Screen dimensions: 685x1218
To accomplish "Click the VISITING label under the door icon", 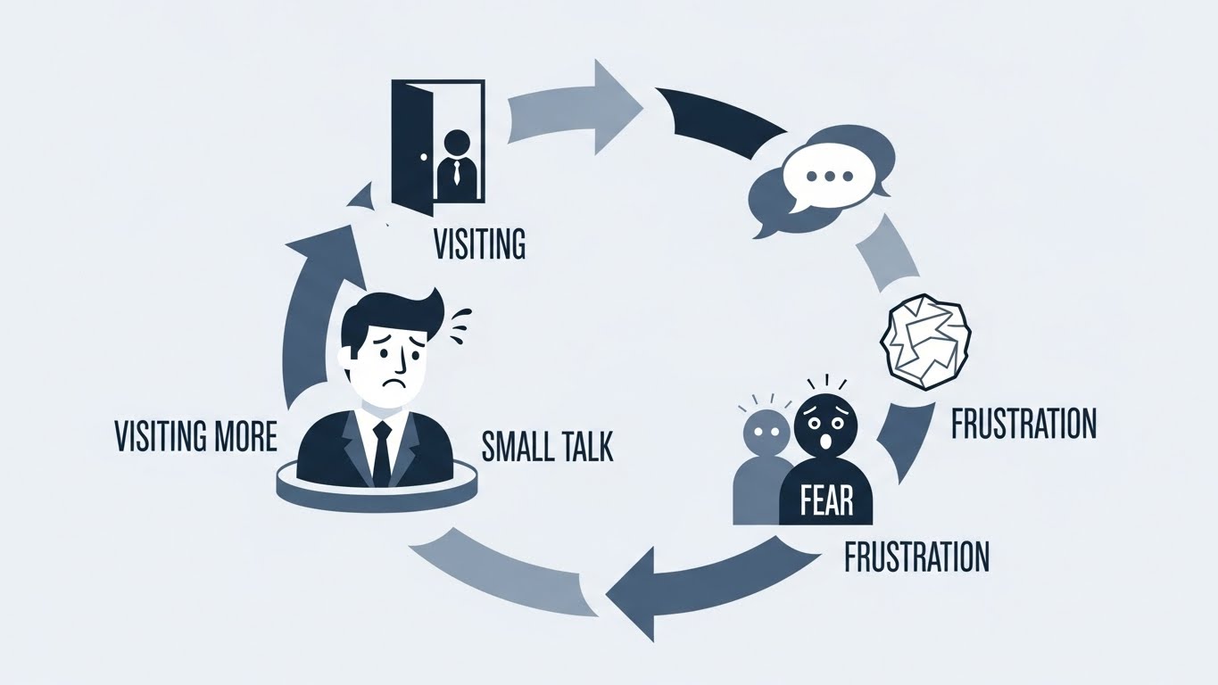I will [x=479, y=243].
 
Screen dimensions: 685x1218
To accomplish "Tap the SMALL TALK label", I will [x=547, y=446].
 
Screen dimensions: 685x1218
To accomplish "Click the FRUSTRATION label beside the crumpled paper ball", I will [x=1023, y=424].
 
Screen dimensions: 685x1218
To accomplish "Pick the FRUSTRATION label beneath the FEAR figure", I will [x=916, y=556].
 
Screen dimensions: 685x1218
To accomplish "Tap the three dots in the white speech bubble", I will [x=830, y=177].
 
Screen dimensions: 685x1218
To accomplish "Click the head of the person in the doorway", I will [x=456, y=144].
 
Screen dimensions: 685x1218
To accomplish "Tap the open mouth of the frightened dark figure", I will [x=825, y=441].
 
